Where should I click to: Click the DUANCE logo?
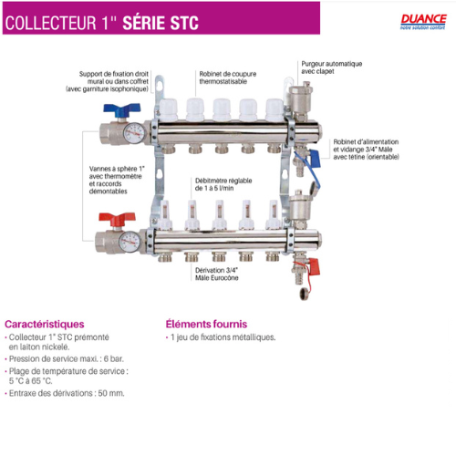(423, 22)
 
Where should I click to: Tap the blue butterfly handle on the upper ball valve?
(122, 109)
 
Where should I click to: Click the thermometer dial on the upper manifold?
(134, 133)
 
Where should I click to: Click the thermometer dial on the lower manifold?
(130, 242)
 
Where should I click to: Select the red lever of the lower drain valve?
(315, 266)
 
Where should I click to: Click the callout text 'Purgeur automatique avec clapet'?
(332, 67)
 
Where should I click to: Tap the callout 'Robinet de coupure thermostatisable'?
(228, 78)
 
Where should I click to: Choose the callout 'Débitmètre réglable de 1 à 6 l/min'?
(223, 184)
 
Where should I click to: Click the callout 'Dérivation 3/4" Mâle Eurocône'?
(217, 274)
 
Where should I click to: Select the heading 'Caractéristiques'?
(45, 324)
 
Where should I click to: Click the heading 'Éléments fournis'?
(206, 324)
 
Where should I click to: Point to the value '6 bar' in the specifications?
(114, 358)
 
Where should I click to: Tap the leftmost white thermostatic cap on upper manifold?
(168, 109)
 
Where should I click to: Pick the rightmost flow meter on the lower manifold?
(273, 214)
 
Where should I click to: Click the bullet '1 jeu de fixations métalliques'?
(223, 337)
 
